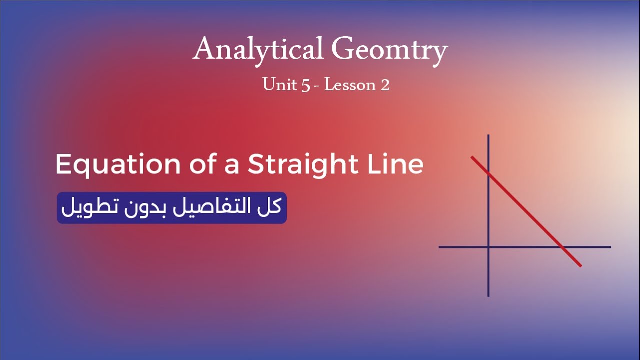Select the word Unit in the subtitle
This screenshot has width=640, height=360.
(x=277, y=85)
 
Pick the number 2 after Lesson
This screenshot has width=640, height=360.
(x=385, y=85)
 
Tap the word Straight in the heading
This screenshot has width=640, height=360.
(x=303, y=165)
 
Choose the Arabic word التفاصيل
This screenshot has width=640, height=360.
(x=214, y=207)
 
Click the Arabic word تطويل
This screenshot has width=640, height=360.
(x=87, y=207)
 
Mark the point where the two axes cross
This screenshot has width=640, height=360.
(x=488, y=247)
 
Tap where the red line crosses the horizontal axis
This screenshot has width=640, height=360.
(x=562, y=247)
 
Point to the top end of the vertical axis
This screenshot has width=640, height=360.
(x=488, y=136)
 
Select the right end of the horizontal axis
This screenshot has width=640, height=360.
(x=610, y=247)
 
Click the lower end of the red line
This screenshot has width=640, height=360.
(x=580, y=265)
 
